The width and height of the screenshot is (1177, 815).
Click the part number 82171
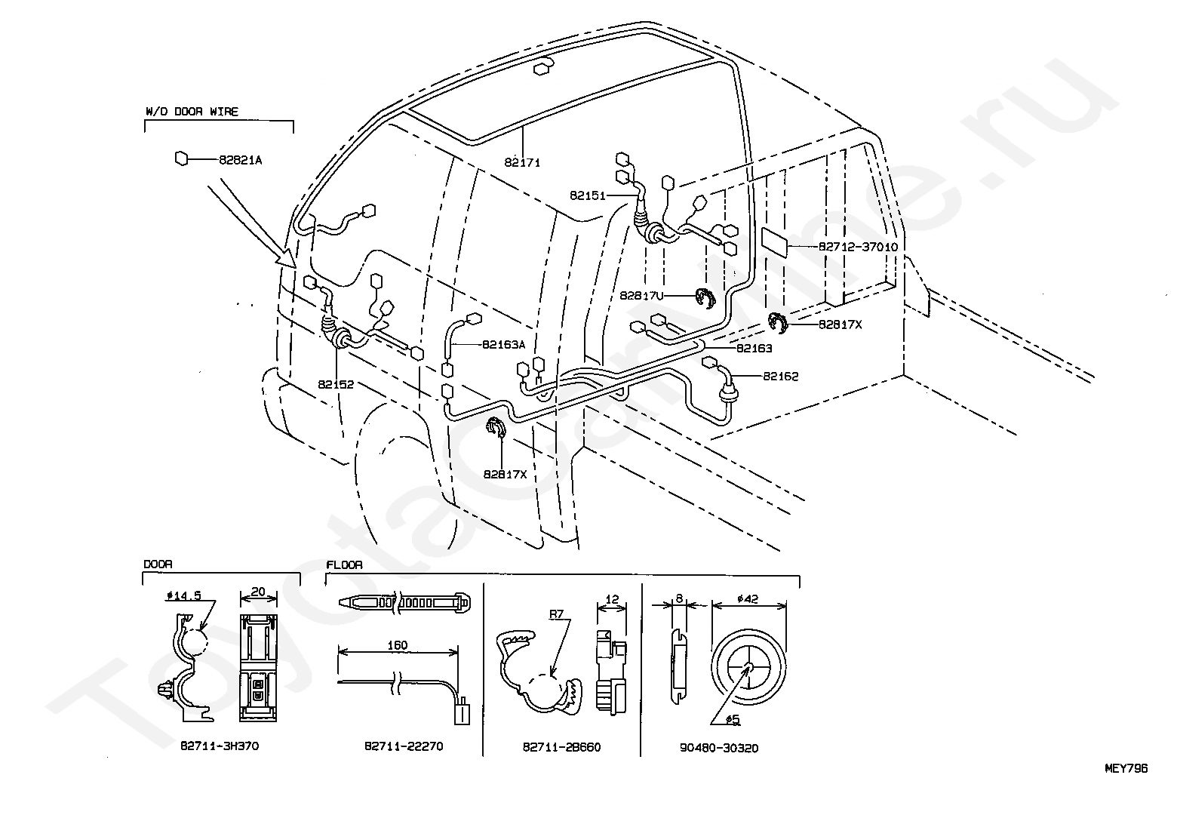point(523,162)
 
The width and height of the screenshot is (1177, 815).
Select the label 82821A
point(241,160)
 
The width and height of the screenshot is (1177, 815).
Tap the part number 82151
point(588,195)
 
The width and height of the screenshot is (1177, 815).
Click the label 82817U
point(641,296)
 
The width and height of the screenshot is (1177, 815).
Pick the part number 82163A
point(504,344)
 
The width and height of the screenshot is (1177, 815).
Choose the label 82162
point(780,376)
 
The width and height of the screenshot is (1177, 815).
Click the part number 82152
point(336,384)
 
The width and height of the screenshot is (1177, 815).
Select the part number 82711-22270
point(404,746)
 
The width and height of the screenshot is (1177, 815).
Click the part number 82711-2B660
point(562,747)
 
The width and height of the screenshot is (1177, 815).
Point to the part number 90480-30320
point(719,748)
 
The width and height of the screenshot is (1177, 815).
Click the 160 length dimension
point(397,645)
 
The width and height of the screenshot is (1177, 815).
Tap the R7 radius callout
point(556,615)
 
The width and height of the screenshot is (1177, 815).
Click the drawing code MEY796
point(1126,768)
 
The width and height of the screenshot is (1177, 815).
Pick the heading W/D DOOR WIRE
point(192,112)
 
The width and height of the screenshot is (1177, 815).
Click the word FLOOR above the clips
point(344,564)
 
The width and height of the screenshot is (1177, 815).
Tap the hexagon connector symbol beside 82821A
point(181,158)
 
